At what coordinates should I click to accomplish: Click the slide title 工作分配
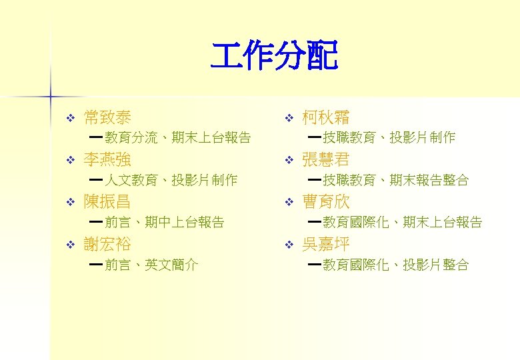pyautogui.click(x=274, y=56)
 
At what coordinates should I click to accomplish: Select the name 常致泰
pyautogui.click(x=107, y=119)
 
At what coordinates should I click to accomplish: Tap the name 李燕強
pyautogui.click(x=107, y=160)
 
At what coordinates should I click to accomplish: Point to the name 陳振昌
pyautogui.click(x=107, y=202)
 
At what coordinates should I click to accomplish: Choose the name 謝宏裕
pyautogui.click(x=107, y=244)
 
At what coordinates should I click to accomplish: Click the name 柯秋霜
pyautogui.click(x=325, y=119)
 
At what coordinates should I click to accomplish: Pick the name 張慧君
pyautogui.click(x=325, y=160)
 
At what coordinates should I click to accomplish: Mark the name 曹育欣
pyautogui.click(x=325, y=202)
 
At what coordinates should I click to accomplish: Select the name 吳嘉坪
pyautogui.click(x=325, y=244)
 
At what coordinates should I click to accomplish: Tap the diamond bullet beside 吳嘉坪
pyautogui.click(x=288, y=245)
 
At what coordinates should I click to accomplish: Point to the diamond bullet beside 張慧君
pyautogui.click(x=288, y=161)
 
